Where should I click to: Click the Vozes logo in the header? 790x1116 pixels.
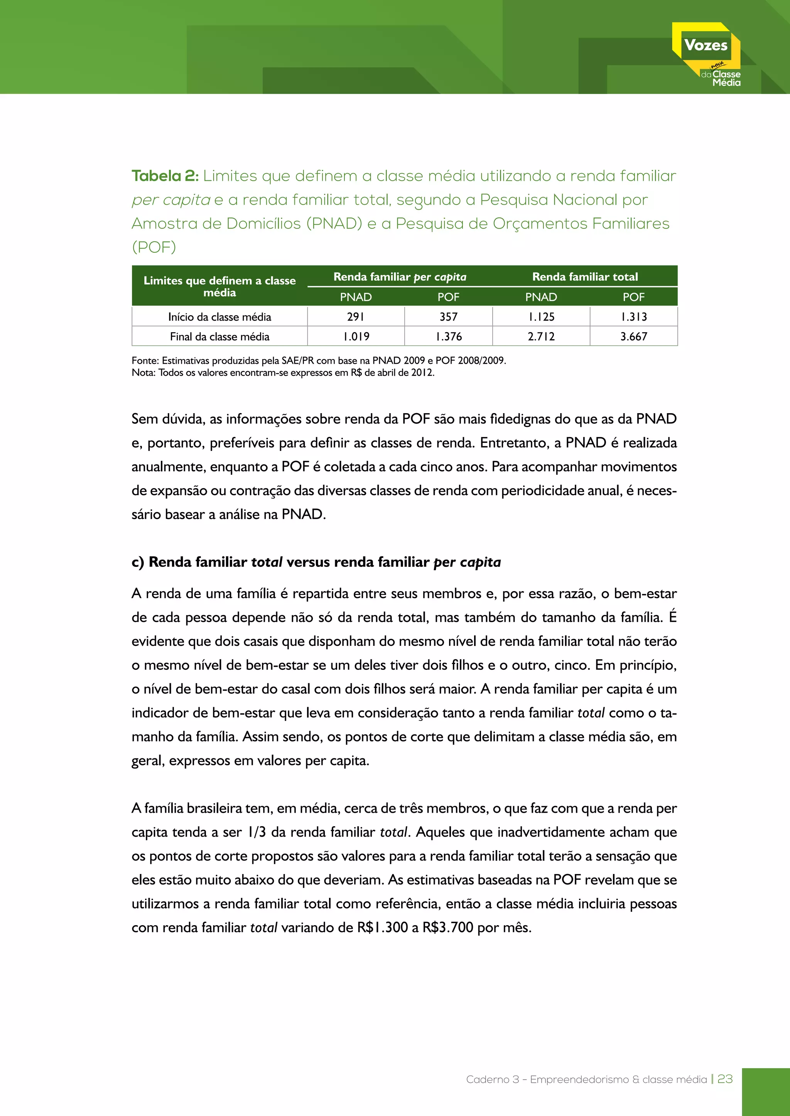point(706,54)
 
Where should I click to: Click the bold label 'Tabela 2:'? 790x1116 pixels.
point(165,176)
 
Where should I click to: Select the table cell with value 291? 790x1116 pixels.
point(356,316)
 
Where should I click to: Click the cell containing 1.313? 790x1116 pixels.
point(633,316)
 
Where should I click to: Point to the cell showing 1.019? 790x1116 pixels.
point(356,336)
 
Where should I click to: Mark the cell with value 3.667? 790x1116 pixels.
point(633,336)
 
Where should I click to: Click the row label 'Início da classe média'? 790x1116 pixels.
point(219,317)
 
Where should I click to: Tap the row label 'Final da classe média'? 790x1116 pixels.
point(219,336)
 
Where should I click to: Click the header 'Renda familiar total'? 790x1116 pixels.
point(585,277)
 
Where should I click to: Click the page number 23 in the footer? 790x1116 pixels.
point(725,1079)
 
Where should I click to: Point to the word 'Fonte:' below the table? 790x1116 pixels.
point(145,361)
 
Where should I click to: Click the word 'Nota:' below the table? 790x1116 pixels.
point(143,373)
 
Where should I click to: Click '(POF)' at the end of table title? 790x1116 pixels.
point(154,247)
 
